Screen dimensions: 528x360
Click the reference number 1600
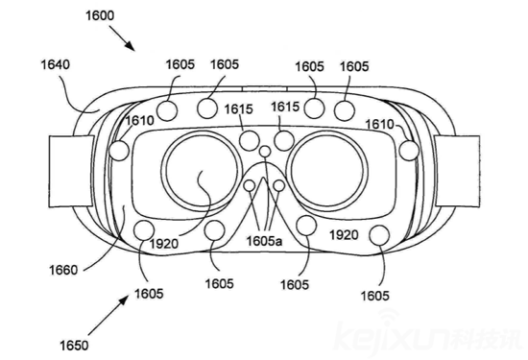pos(100,15)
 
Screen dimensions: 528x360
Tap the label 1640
pos(56,64)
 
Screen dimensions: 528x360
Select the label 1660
pos(63,270)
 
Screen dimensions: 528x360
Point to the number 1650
pos(74,346)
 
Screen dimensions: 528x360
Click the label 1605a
pos(264,241)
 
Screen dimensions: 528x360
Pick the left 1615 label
pos(239,109)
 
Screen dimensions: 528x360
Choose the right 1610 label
pos(379,124)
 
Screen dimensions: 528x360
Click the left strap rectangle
pos(71,171)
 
